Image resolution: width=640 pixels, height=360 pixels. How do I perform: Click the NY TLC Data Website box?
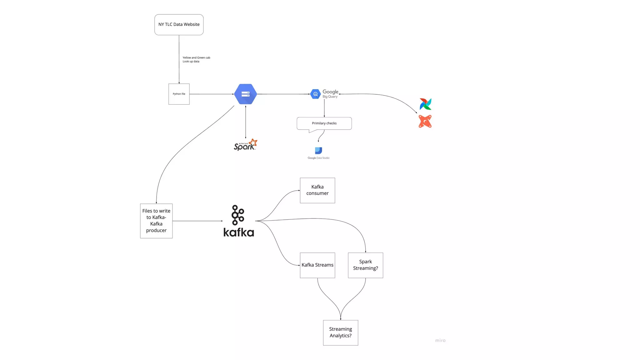[179, 25]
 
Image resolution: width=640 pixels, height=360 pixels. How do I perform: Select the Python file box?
[179, 94]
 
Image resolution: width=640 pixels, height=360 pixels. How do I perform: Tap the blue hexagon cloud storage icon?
[245, 94]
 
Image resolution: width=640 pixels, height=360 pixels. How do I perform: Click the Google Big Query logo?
[324, 94]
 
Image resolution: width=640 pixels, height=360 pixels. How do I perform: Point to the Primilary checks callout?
[324, 123]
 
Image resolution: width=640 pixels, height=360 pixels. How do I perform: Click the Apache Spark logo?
[245, 145]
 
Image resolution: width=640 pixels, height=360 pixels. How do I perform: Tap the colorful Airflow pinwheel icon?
[425, 104]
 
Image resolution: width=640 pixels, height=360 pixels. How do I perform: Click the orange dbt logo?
[425, 122]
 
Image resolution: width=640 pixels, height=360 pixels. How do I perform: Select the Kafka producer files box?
[156, 221]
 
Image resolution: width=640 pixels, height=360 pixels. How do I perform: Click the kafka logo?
[238, 221]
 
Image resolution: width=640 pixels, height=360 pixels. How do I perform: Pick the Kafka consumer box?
[317, 190]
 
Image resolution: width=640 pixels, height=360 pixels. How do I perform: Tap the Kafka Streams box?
[317, 265]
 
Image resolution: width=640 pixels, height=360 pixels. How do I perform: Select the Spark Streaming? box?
[365, 265]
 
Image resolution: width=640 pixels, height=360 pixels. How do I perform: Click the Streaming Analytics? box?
[340, 332]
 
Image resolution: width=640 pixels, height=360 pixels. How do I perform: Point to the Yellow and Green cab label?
[196, 59]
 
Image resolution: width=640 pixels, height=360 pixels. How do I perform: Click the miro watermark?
[440, 340]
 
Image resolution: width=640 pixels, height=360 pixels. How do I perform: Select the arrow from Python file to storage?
[212, 94]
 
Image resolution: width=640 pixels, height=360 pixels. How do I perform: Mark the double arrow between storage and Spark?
[245, 122]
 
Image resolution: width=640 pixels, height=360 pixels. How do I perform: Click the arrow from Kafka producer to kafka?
[197, 221]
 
